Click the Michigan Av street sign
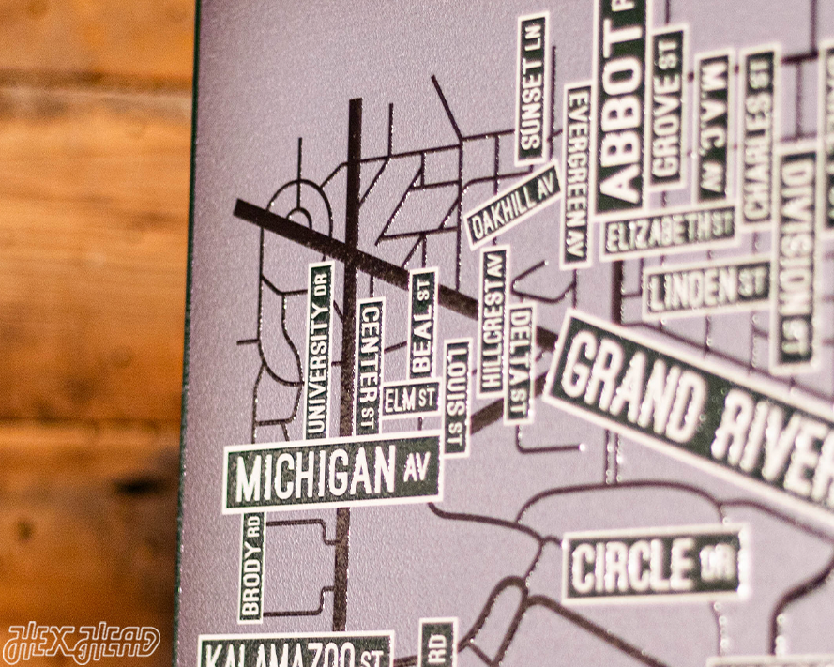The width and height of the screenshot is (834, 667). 332,473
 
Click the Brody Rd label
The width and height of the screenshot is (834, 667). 250,567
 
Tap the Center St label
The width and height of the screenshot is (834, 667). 369,366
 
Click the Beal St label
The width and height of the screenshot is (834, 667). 423,324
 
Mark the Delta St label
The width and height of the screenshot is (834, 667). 518,362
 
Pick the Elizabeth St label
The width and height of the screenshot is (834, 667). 668,230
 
